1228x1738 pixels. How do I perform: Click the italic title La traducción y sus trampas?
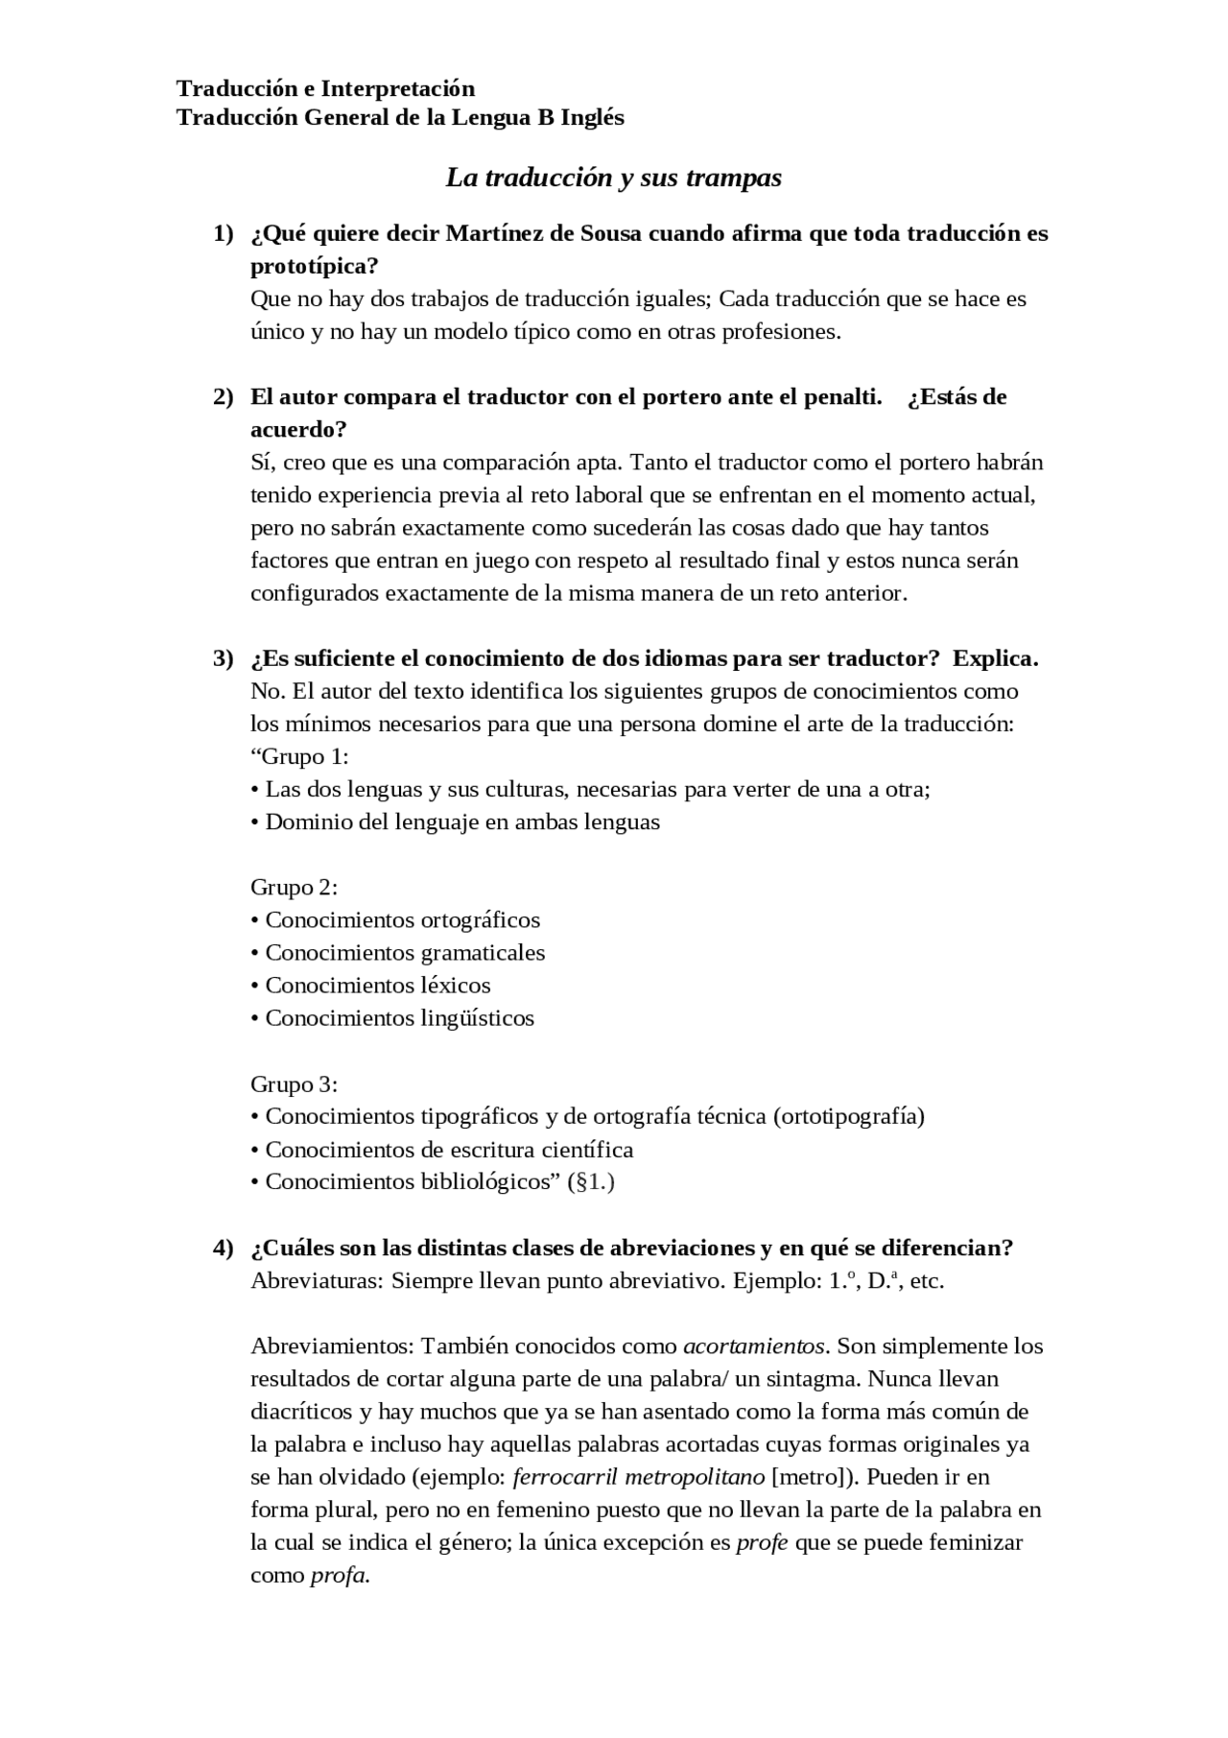pos(614,178)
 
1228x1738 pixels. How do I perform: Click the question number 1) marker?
pos(223,233)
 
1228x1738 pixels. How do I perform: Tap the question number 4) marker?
pos(223,1248)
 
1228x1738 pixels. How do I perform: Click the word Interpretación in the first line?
pos(397,88)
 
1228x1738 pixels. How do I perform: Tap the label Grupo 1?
pos(299,756)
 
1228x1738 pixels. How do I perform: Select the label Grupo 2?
pos(294,887)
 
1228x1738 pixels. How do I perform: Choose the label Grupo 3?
pos(294,1084)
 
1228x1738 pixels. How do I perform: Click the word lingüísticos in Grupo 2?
pos(478,1018)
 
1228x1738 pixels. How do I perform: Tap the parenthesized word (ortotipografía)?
pos(848,1116)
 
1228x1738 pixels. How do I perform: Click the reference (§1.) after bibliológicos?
pos(591,1181)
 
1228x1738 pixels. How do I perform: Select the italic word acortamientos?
pos(754,1345)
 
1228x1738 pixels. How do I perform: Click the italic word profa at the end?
pos(339,1575)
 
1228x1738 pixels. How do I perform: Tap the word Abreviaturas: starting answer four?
pos(317,1281)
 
